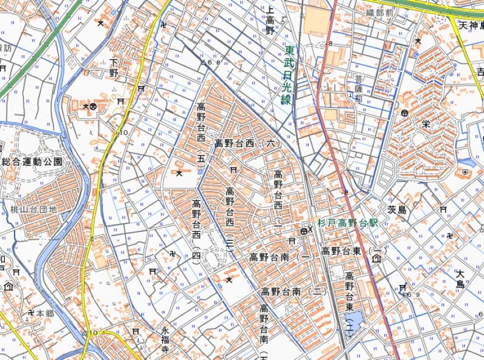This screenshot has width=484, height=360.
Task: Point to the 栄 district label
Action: pyautogui.click(x=425, y=123)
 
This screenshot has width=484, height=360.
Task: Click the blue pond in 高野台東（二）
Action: pyautogui.click(x=357, y=318)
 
